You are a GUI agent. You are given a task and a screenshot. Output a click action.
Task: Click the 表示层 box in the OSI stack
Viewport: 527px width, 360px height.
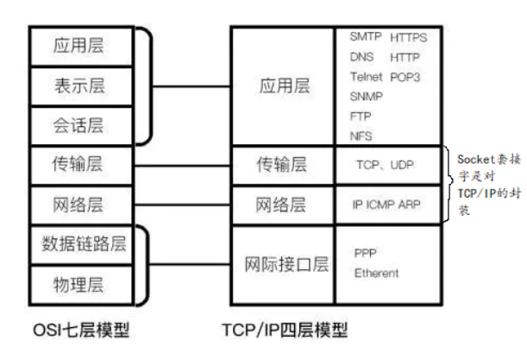tap(78, 85)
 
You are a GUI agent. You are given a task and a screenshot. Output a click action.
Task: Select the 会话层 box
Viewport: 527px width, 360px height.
tap(78, 126)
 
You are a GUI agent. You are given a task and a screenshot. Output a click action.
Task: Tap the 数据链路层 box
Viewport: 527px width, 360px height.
tap(78, 243)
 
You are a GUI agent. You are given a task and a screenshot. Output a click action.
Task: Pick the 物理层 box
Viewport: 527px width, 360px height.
tap(78, 281)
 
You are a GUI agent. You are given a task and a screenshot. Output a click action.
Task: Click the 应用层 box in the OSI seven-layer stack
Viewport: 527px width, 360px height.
tap(78, 46)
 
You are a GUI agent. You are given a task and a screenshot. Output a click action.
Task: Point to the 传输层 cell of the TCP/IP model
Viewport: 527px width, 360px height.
tap(282, 164)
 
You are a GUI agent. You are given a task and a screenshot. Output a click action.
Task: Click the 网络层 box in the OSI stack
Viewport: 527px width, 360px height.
tap(78, 204)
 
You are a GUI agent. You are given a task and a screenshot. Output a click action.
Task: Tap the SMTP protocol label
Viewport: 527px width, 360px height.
tap(366, 37)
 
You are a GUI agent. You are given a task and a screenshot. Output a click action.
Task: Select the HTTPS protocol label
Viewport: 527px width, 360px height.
tap(408, 38)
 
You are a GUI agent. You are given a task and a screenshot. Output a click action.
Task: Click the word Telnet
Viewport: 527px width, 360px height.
tap(367, 76)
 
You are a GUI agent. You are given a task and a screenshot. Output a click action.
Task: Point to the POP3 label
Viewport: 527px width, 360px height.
tap(405, 76)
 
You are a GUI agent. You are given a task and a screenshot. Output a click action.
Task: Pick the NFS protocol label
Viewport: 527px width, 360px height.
tap(361, 136)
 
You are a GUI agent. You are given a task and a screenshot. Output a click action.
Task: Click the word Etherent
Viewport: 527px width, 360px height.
tap(377, 273)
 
